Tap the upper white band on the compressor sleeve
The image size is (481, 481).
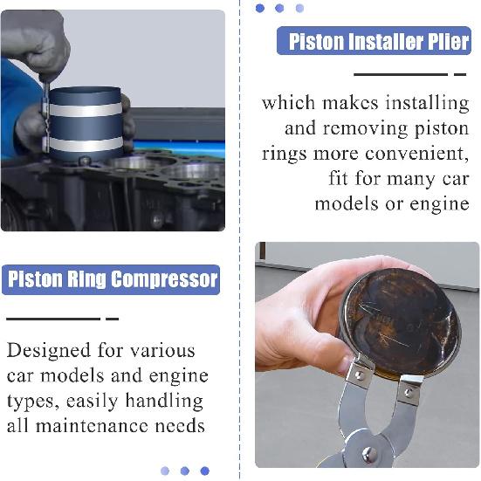point(85,110)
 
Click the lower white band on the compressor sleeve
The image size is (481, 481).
point(85,143)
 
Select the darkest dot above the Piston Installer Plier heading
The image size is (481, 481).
point(259,8)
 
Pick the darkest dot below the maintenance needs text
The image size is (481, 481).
point(204,471)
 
